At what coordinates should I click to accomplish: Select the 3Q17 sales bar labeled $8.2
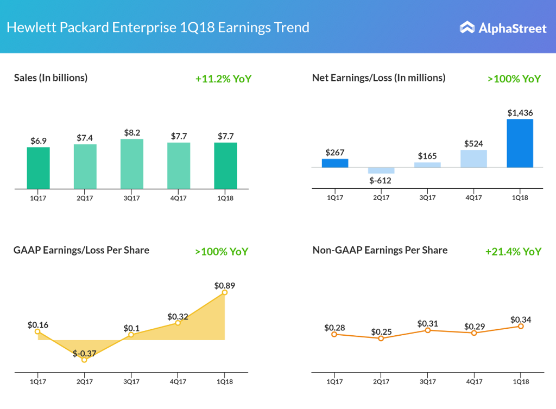point(132,164)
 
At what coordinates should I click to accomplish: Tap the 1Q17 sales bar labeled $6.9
point(38,168)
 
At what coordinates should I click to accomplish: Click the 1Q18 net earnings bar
point(520,143)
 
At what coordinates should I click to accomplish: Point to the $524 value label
point(473,144)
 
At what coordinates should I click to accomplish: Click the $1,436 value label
point(520,113)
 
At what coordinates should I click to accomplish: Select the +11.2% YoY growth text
point(223,79)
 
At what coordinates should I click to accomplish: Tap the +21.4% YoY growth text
point(513,251)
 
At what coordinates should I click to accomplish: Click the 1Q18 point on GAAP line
point(225,292)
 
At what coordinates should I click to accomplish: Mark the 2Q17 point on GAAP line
point(84,360)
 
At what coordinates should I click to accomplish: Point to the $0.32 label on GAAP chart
point(178,316)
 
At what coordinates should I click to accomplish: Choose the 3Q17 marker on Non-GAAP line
point(428,330)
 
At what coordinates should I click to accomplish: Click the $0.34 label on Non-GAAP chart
point(520,319)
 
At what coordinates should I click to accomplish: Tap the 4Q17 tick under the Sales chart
point(179,198)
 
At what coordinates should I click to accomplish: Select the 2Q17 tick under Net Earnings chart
point(382,198)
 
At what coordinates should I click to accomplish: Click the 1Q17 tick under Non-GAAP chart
point(335,382)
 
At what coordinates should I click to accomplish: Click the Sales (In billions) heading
point(50,78)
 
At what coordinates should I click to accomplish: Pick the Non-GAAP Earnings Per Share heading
point(380,250)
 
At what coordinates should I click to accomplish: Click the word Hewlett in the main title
point(28,27)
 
